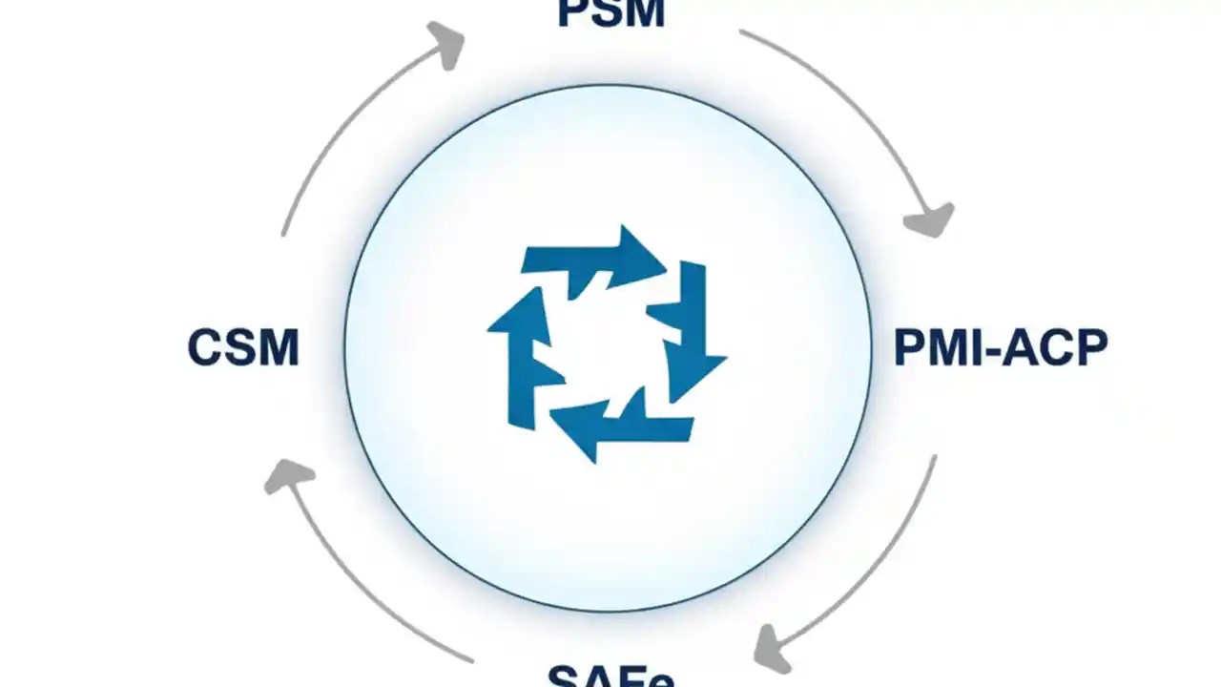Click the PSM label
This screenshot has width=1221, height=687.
pos(610,13)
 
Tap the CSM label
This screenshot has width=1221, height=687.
pos(243,347)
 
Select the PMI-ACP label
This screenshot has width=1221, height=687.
pos(1000,347)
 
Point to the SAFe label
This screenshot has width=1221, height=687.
pos(610,676)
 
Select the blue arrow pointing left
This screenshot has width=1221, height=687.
pos(620,425)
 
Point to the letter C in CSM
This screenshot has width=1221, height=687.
pos(205,347)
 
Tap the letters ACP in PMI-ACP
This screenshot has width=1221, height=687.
pos(1055,347)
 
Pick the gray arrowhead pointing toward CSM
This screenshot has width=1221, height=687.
pos(287,475)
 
